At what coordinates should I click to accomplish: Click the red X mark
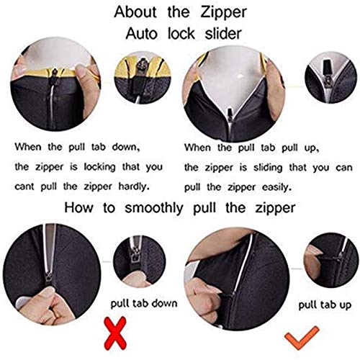click(115, 333)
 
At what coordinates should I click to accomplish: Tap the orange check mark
click(302, 337)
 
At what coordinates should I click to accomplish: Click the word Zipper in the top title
click(223, 12)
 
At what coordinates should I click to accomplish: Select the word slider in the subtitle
click(223, 33)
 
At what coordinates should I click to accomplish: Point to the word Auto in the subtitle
click(141, 33)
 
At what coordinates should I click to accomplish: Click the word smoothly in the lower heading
click(154, 208)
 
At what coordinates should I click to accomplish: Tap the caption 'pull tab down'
click(144, 303)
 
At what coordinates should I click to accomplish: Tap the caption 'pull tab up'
click(325, 305)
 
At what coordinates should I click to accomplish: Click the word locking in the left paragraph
click(99, 167)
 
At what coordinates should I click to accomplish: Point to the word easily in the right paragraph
click(276, 187)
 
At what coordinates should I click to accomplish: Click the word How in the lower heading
click(78, 207)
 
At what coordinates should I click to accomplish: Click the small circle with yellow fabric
click(143, 77)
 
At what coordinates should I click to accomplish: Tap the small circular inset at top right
click(330, 77)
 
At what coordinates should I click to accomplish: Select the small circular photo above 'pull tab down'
click(140, 261)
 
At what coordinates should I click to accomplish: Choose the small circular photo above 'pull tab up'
click(330, 260)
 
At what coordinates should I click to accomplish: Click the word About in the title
click(135, 12)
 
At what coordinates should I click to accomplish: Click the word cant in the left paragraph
click(24, 186)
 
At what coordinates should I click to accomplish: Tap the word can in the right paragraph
click(344, 168)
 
